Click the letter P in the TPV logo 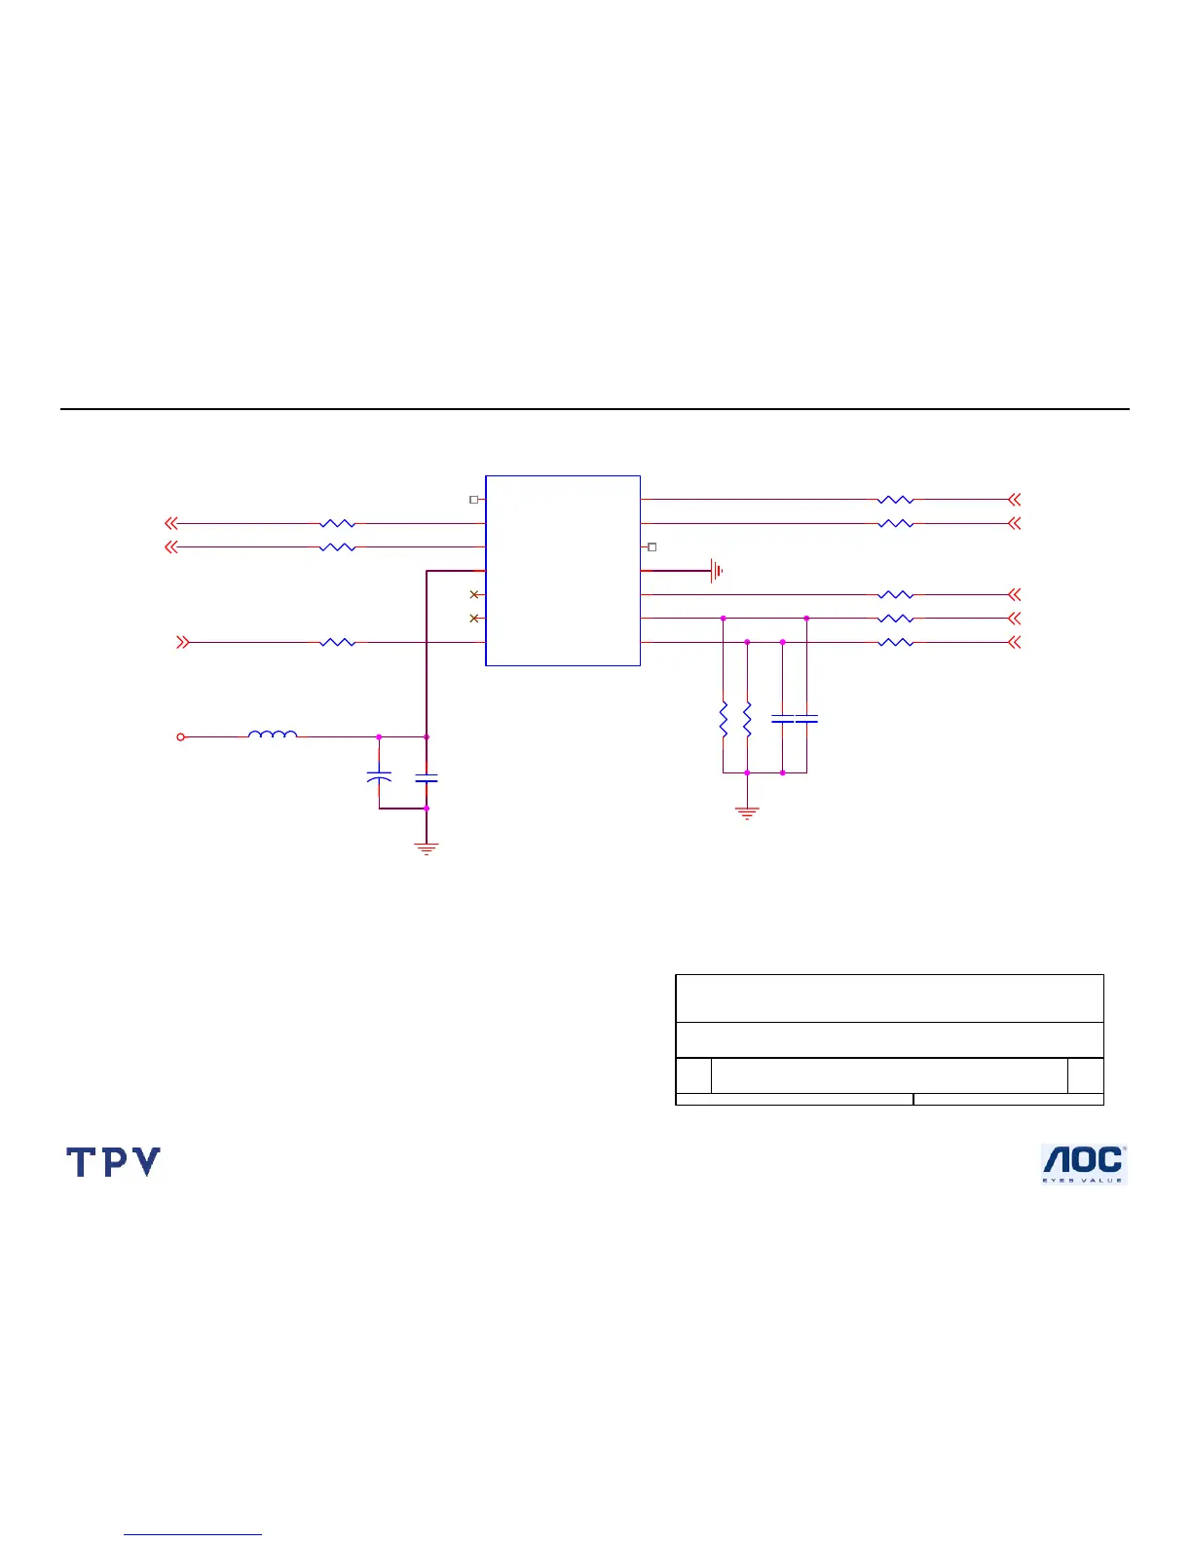pos(113,1162)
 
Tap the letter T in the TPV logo pos(81,1162)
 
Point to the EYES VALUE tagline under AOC pos(1083,1180)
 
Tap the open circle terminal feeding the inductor pos(180,737)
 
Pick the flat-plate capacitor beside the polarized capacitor pos(427,778)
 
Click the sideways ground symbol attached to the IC pos(717,571)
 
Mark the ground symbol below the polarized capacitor pos(427,847)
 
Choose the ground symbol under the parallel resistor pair pos(747,812)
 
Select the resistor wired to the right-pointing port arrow pos(337,642)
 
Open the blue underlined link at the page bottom pos(193,1534)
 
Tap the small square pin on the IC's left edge pos(473,500)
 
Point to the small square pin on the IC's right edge pos(652,547)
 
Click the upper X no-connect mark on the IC pos(474,594)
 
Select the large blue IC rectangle pos(563,571)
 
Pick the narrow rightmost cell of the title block pos(1085,1075)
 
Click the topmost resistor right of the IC pos(895,500)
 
